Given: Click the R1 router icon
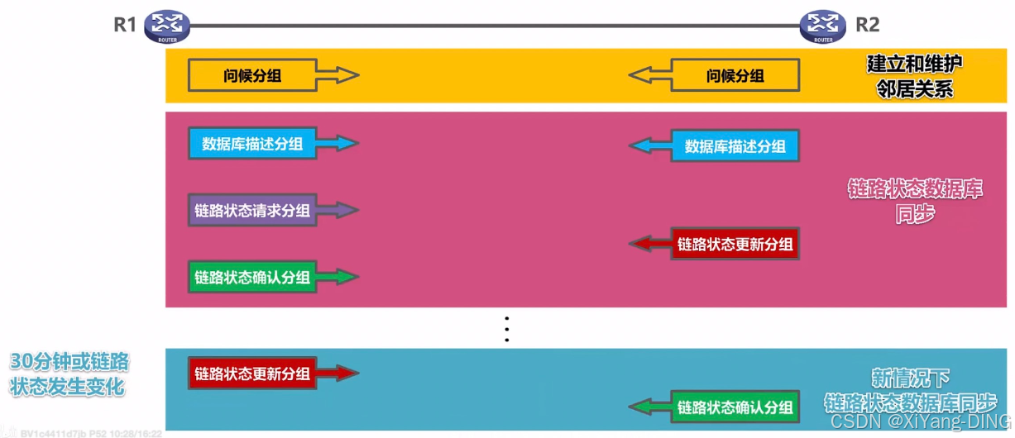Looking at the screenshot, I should (166, 26).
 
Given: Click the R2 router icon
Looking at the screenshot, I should (823, 26).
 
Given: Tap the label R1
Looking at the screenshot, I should (125, 25).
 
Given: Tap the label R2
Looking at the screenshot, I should (867, 25).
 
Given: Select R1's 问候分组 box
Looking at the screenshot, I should (252, 76).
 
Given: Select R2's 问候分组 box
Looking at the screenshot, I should (735, 76).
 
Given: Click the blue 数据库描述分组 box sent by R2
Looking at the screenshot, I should (735, 147).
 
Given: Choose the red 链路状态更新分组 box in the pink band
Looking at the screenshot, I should (735, 244).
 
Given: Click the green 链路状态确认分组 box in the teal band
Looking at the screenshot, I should (735, 407).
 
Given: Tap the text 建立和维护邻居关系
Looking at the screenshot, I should (914, 76).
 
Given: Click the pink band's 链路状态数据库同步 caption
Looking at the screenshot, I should (914, 201).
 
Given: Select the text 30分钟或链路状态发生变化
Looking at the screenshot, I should (69, 374).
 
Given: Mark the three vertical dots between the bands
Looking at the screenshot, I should (506, 329).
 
